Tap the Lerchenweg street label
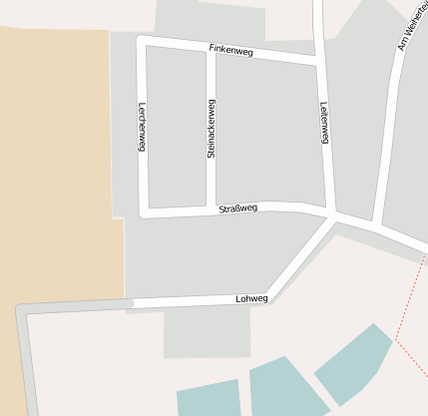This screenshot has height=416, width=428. (143, 126)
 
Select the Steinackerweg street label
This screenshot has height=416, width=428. (211, 128)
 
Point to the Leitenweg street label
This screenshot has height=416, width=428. (324, 124)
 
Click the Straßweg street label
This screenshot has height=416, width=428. (238, 208)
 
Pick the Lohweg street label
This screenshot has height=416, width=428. (251, 298)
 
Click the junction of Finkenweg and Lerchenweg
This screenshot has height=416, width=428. (142, 41)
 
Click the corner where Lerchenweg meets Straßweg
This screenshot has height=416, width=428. (144, 212)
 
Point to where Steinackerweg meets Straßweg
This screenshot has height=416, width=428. (211, 208)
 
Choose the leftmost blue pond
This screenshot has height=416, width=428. (210, 398)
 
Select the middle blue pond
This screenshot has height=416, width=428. (284, 389)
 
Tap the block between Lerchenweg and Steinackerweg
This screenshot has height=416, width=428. (177, 128)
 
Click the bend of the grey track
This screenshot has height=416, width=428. (23, 312)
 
